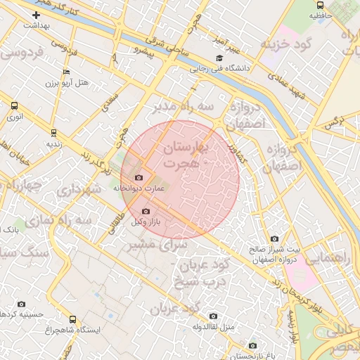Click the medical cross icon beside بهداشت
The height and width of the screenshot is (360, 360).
pyautogui.click(x=36, y=15)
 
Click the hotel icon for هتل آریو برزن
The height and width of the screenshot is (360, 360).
pyautogui.click(x=66, y=72)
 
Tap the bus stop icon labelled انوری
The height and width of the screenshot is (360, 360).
pyautogui.click(x=15, y=105)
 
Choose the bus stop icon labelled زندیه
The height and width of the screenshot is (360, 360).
pyautogui.click(x=53, y=131)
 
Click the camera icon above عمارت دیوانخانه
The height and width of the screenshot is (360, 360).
pyautogui.click(x=139, y=178)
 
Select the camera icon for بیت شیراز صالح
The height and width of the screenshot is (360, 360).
pyautogui.click(x=274, y=239)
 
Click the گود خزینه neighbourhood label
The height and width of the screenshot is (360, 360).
pyautogui.click(x=285, y=44)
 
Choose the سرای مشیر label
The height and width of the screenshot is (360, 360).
pyautogui.click(x=148, y=245)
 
